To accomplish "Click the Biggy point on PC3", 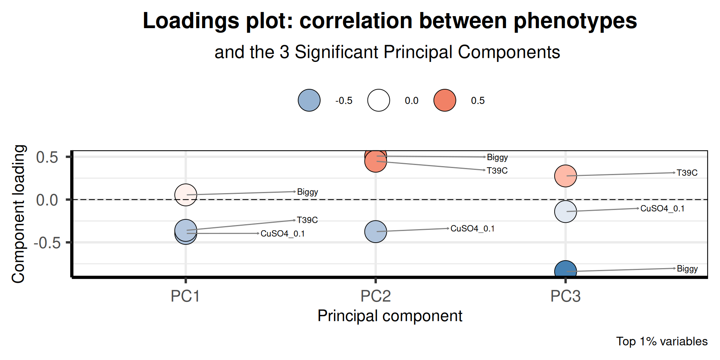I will tap(565, 270).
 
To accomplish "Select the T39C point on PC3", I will tap(565, 175).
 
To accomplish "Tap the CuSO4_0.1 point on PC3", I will tap(565, 211).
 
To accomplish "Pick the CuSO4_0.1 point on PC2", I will tap(375, 231).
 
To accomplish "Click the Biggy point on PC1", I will tap(186, 195).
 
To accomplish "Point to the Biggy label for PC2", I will tap(497, 157).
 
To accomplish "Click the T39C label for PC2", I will tap(497, 171).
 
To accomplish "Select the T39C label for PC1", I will tap(307, 220).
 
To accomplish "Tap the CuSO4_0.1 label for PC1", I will tap(282, 234).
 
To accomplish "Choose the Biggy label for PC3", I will tap(687, 268).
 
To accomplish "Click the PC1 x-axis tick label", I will tap(185, 296).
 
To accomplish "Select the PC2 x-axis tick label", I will tap(375, 296).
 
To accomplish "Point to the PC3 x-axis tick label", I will tap(565, 296).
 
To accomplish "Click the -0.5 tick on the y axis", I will tap(47, 243).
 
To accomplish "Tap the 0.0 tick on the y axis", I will tap(47, 200).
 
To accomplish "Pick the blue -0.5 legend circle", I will tap(309, 100).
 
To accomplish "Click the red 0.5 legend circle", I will tap(444, 100).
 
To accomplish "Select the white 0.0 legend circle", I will tap(378, 100).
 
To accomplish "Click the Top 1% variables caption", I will tap(662, 341).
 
